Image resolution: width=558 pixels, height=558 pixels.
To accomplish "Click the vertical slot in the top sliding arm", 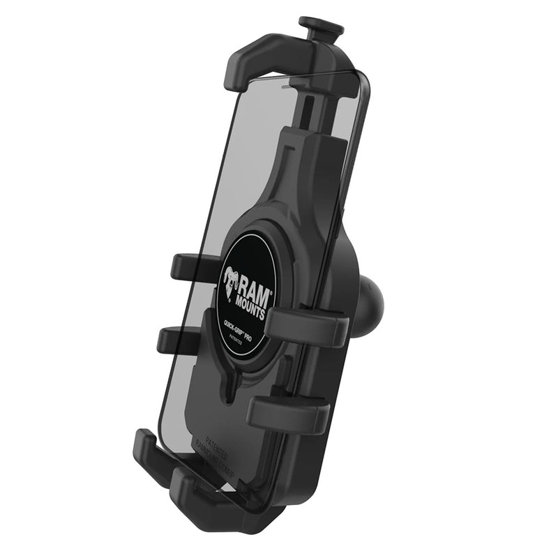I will (307, 112).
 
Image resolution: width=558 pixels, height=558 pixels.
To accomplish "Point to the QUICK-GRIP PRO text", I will (242, 322).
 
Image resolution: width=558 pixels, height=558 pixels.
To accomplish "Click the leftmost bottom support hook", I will (149, 453).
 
